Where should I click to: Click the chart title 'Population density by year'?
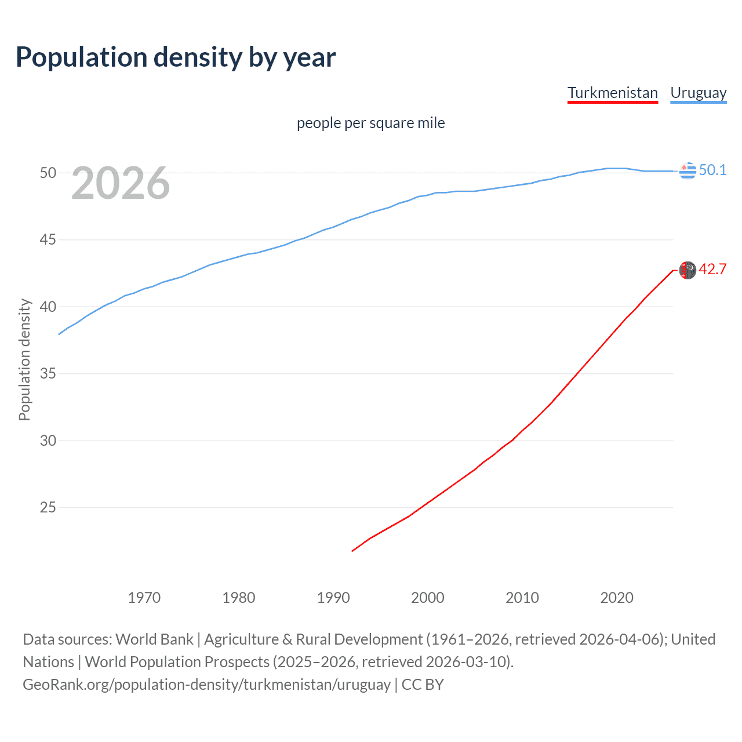click(176, 57)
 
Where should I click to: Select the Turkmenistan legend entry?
click(612, 93)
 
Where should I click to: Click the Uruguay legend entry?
click(698, 93)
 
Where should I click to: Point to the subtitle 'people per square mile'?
click(370, 123)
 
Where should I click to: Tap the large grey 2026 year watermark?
click(121, 183)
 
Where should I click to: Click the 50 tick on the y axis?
click(48, 173)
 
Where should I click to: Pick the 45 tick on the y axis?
click(48, 239)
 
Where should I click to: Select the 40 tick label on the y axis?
click(48, 307)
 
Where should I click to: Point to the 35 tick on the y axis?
click(48, 373)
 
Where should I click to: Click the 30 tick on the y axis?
click(48, 441)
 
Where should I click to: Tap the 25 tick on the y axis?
click(48, 508)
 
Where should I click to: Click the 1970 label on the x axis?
click(144, 598)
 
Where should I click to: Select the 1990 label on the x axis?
click(333, 598)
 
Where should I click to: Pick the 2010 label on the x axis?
click(522, 598)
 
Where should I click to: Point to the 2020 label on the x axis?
click(617, 598)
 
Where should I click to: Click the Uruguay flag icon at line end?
click(688, 171)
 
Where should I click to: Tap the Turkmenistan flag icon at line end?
click(688, 270)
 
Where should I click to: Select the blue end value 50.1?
click(712, 170)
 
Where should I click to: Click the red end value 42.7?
click(712, 270)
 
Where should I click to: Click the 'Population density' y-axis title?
click(24, 359)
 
